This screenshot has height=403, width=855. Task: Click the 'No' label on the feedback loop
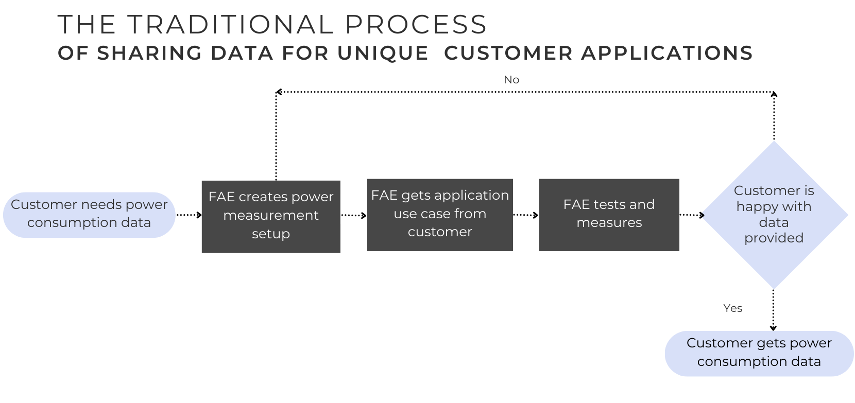point(511,80)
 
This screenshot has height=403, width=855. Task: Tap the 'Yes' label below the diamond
point(732,308)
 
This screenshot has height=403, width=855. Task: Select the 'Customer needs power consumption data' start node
point(89,215)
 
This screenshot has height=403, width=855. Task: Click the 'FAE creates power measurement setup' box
point(271,217)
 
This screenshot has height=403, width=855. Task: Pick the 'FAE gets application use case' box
point(440,215)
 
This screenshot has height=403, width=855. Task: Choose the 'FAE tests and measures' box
point(609,215)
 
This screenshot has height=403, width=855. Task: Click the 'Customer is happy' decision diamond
point(774,215)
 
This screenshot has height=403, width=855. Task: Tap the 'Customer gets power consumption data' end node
point(759,354)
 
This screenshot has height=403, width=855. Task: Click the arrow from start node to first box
point(189,215)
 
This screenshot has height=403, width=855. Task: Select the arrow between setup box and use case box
point(354,216)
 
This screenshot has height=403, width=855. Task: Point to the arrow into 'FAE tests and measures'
point(526,215)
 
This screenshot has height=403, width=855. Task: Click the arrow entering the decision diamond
point(692,215)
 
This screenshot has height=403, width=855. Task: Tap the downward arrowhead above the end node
point(773,328)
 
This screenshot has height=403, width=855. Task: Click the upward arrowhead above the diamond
point(774,94)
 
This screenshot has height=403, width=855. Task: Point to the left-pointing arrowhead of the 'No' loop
point(279,92)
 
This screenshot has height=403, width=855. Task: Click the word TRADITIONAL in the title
point(230,24)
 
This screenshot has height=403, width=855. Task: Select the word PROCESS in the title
point(416,24)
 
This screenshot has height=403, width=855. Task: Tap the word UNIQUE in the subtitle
point(383,52)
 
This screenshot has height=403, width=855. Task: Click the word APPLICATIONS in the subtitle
point(667,52)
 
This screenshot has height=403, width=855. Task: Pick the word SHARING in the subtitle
point(149,52)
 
